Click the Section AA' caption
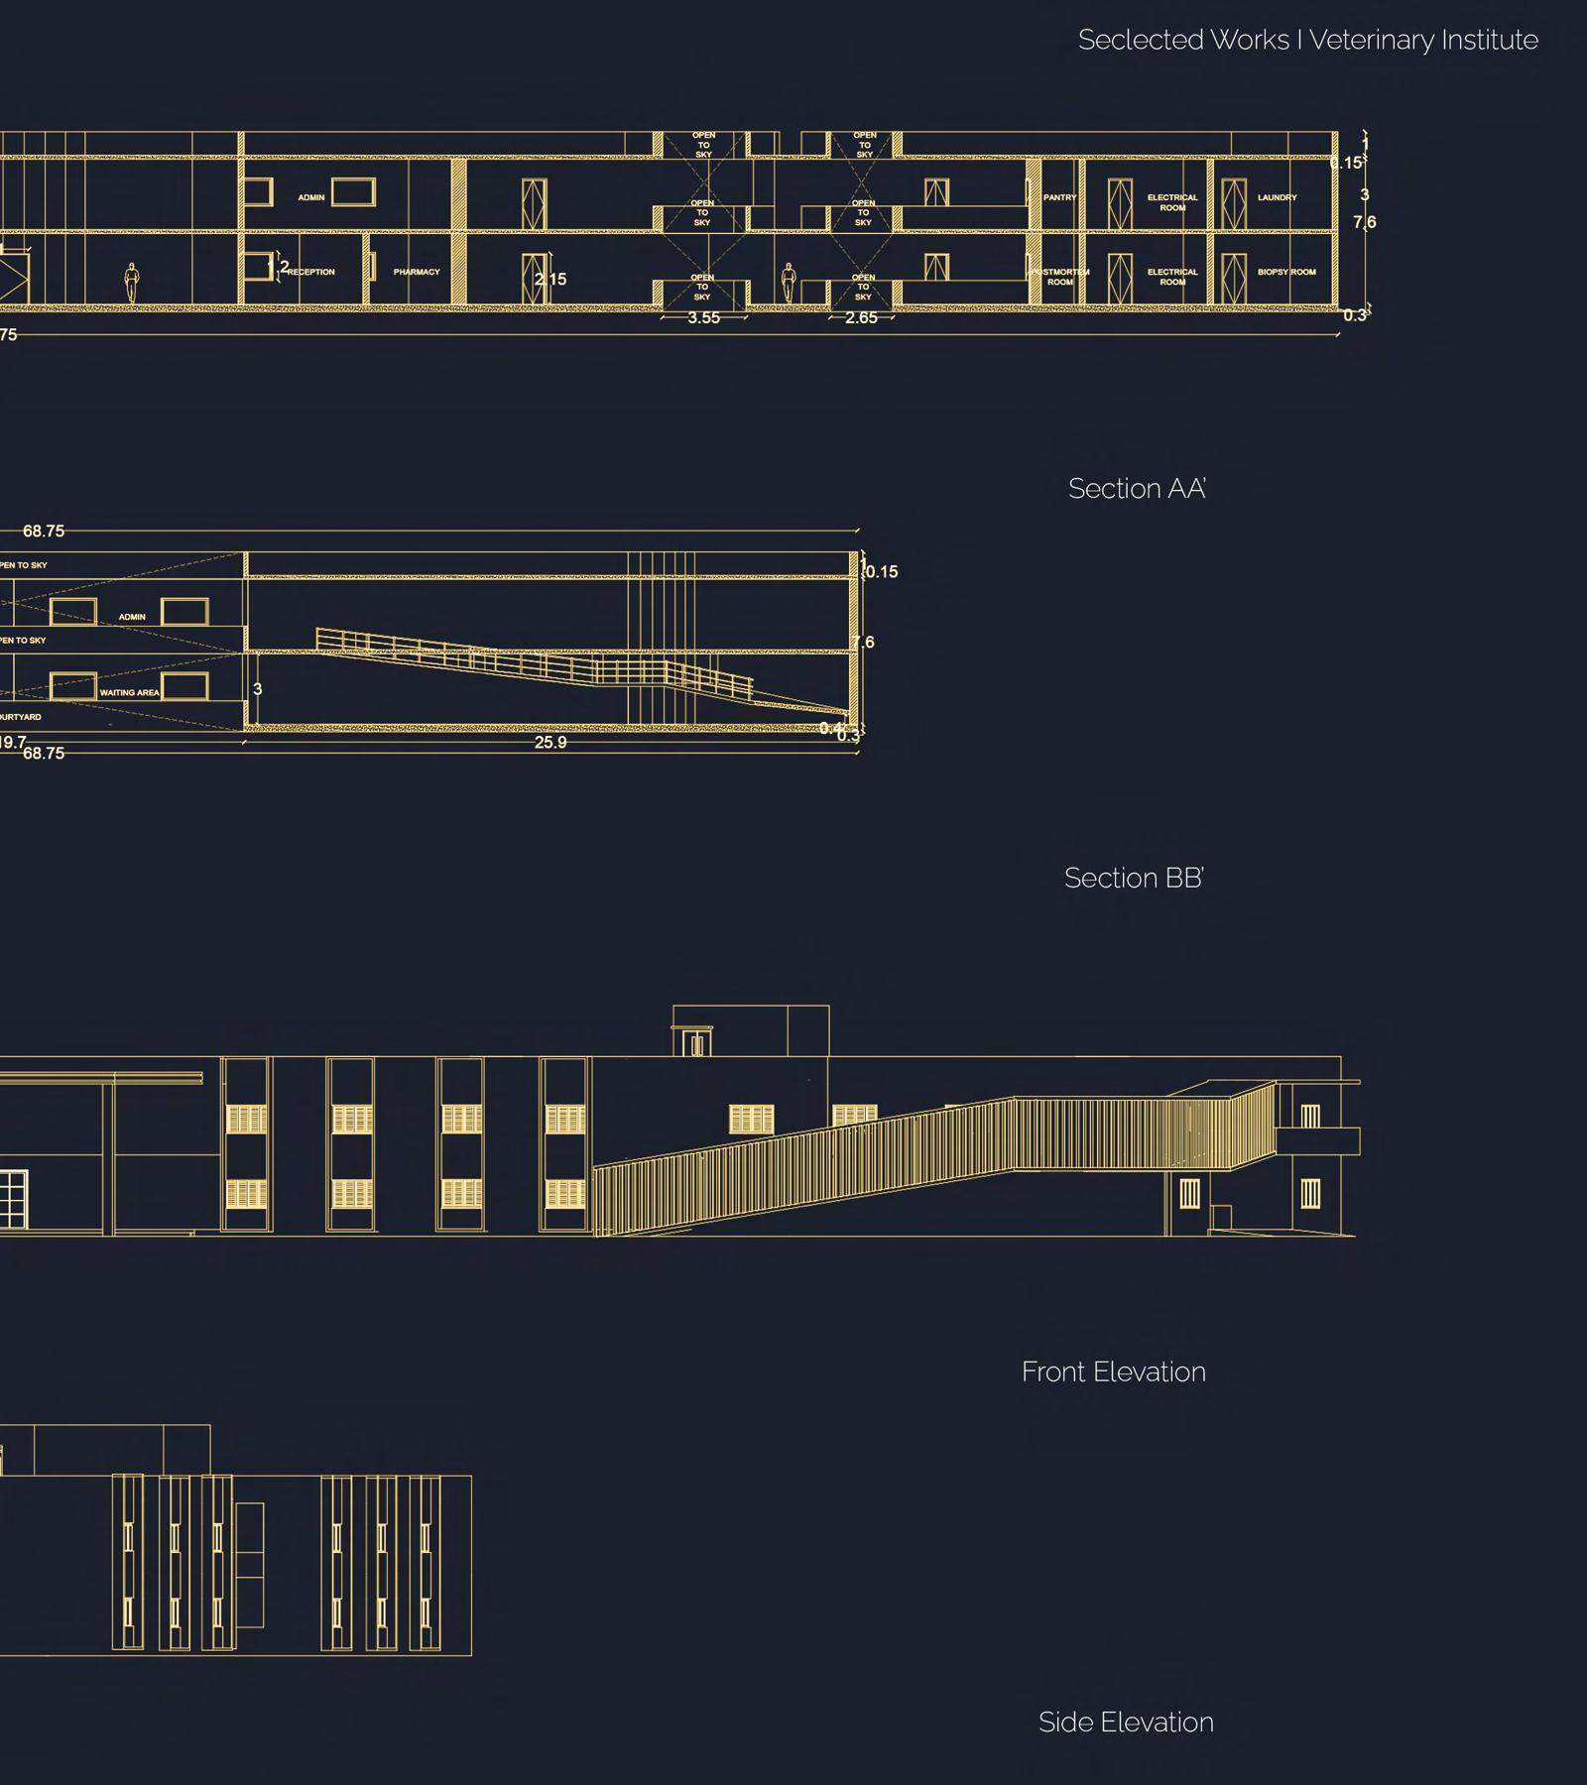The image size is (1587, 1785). (x=1137, y=489)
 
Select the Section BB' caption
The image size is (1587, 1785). (x=1134, y=879)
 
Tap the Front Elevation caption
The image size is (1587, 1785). (x=1113, y=1372)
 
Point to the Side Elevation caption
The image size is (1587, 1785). (x=1126, y=1723)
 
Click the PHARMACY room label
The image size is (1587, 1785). (x=417, y=272)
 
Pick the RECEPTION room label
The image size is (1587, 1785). (x=312, y=272)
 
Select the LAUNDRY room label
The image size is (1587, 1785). (x=1277, y=197)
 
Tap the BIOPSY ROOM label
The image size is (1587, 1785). (x=1286, y=272)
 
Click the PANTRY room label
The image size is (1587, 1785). (x=1059, y=197)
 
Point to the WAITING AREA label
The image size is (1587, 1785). (x=130, y=693)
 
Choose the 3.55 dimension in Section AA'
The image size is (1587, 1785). (x=703, y=318)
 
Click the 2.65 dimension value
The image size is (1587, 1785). (x=861, y=318)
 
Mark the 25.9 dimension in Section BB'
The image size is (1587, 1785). (x=550, y=743)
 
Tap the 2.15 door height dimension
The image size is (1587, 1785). (x=551, y=280)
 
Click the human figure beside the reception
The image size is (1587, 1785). (x=131, y=284)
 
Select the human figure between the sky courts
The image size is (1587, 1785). (x=789, y=284)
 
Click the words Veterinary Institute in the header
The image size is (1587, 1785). (x=1423, y=41)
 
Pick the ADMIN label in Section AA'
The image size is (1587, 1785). (x=311, y=197)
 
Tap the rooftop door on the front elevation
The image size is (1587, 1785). (x=698, y=1043)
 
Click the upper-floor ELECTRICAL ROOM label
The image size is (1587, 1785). (x=1172, y=202)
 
